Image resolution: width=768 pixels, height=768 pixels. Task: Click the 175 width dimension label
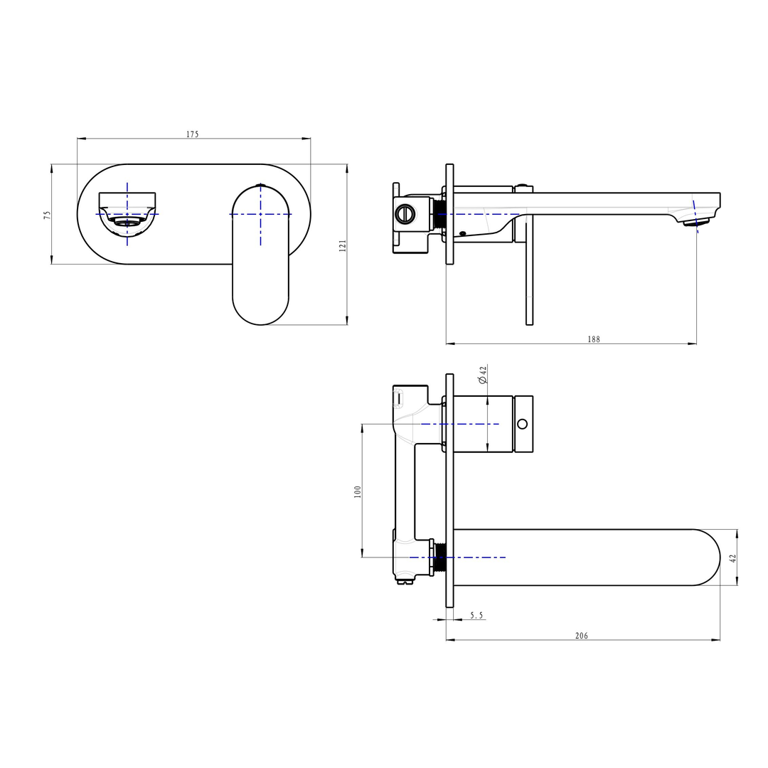pyautogui.click(x=193, y=134)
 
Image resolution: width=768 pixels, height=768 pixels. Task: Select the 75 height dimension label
pyautogui.click(x=47, y=214)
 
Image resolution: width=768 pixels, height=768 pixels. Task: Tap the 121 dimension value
pyautogui.click(x=343, y=245)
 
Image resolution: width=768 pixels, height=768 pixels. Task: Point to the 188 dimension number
pyautogui.click(x=594, y=339)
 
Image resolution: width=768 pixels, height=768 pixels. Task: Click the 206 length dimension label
pyautogui.click(x=582, y=636)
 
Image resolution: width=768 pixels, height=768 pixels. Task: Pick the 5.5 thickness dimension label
pyautogui.click(x=476, y=615)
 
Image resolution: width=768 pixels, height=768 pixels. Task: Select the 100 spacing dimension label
pyautogui.click(x=358, y=491)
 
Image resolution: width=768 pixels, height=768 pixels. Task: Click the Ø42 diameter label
pyautogui.click(x=483, y=375)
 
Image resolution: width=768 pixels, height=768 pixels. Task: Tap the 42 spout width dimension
pyautogui.click(x=733, y=558)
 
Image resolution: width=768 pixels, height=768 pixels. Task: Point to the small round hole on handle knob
pyautogui.click(x=523, y=424)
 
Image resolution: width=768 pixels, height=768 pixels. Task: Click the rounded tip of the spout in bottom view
pyautogui.click(x=708, y=558)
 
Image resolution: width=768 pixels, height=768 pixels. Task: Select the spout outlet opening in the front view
pyautogui.click(x=127, y=222)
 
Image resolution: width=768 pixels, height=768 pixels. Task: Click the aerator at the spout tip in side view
pyautogui.click(x=695, y=223)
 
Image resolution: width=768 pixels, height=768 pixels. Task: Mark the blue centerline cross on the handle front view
pyautogui.click(x=261, y=214)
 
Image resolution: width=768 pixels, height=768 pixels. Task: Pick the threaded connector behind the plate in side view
pyautogui.click(x=439, y=213)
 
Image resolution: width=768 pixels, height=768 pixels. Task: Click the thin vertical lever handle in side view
pyautogui.click(x=529, y=270)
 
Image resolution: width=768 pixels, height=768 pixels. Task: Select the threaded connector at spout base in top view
pyautogui.click(x=439, y=557)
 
